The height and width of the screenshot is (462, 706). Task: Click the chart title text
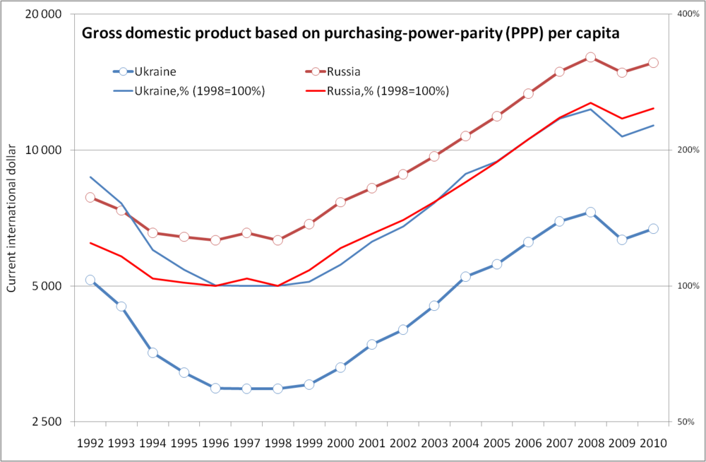(x=352, y=32)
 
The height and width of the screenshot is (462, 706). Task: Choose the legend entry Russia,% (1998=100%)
(x=388, y=91)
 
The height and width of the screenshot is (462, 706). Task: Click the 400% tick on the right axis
(x=688, y=14)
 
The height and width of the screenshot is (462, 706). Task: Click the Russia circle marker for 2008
(x=590, y=57)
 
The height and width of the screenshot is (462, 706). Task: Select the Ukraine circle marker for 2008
(x=590, y=212)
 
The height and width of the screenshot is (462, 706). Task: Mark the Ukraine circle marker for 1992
(x=90, y=280)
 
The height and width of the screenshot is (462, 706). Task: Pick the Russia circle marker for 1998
(x=277, y=240)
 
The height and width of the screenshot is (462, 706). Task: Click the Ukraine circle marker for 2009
(x=622, y=239)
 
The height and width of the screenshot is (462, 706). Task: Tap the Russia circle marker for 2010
(x=653, y=63)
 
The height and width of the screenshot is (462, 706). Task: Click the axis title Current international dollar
(x=11, y=219)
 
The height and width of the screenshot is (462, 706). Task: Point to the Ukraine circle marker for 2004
(x=465, y=277)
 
